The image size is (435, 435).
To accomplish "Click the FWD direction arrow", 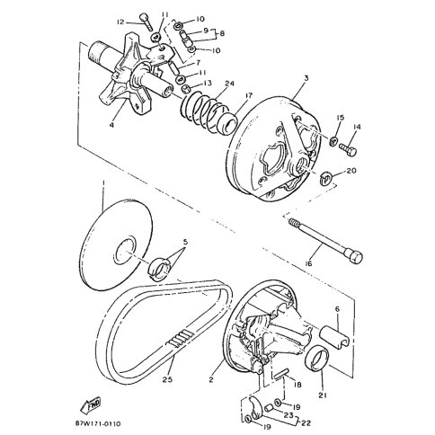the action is click(x=91, y=405).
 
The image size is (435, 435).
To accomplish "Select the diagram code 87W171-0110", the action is click(x=98, y=423).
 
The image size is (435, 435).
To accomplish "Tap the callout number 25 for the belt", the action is click(x=167, y=379).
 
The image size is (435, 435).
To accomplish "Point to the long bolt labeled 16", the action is click(x=326, y=240).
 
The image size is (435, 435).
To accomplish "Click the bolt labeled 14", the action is click(x=348, y=149).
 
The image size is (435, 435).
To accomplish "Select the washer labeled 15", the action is click(x=333, y=140).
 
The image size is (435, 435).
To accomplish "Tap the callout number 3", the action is click(x=306, y=78).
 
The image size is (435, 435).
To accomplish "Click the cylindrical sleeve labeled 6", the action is click(x=335, y=337).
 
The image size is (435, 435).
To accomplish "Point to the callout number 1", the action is click(x=103, y=182).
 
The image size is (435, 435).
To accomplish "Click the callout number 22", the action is click(x=306, y=423).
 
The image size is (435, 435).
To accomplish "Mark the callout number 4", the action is click(x=111, y=125).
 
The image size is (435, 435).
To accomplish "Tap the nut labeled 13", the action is click(x=187, y=89).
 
